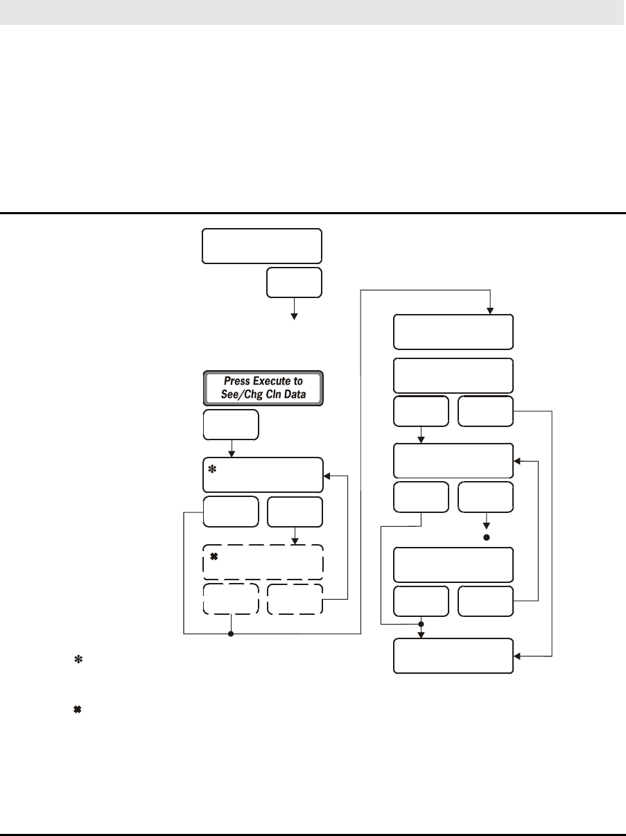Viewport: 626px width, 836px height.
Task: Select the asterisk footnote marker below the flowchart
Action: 78,662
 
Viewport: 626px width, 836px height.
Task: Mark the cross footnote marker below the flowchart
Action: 78,711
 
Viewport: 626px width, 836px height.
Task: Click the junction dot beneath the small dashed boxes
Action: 231,633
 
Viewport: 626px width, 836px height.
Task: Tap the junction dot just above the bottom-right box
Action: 421,624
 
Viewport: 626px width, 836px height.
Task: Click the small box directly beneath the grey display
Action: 231,424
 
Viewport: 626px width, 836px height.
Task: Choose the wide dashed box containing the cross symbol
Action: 263,562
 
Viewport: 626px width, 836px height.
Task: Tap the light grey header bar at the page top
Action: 313,12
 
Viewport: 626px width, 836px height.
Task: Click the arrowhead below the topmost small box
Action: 294,315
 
